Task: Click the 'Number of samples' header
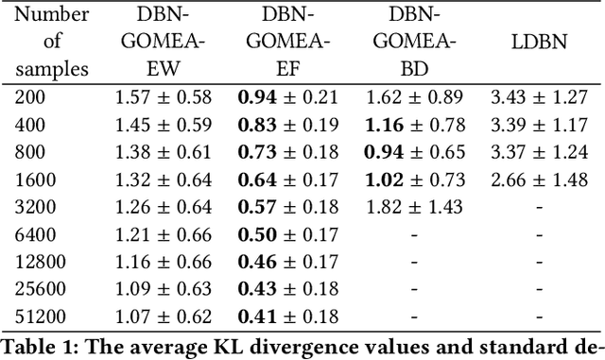(x=53, y=41)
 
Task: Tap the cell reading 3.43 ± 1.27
(x=540, y=95)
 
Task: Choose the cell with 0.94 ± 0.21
(x=285, y=95)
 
